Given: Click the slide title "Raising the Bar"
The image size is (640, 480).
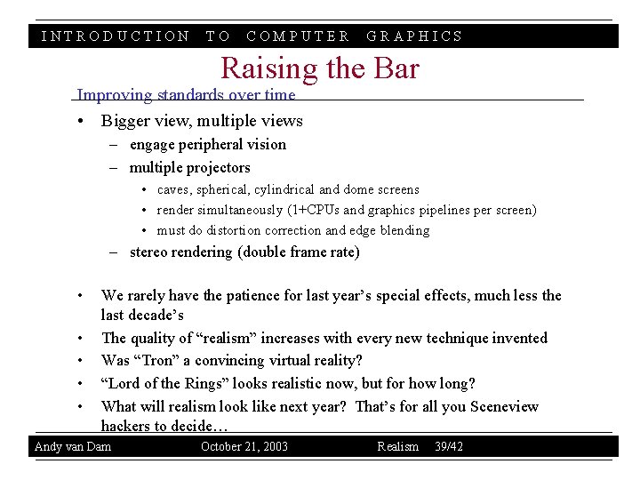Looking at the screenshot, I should [x=319, y=68].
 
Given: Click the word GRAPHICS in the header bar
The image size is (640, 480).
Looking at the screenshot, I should [x=415, y=36].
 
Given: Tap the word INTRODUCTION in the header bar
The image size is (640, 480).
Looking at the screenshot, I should [x=116, y=36].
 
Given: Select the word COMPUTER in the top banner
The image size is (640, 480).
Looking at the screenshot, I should [x=298, y=36].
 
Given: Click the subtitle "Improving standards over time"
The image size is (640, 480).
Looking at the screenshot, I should [x=186, y=94].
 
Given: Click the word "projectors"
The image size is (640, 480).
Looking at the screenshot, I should [x=218, y=167].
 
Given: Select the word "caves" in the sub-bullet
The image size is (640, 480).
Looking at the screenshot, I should [x=175, y=189].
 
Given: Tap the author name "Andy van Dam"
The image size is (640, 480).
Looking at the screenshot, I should [x=73, y=446].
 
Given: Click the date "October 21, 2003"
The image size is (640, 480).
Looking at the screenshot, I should [x=244, y=446].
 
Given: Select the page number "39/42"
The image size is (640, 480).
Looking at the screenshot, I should [x=449, y=446].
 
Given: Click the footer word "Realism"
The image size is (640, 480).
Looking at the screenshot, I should [x=397, y=446].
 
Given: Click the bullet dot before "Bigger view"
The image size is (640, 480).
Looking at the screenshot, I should [x=81, y=121].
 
